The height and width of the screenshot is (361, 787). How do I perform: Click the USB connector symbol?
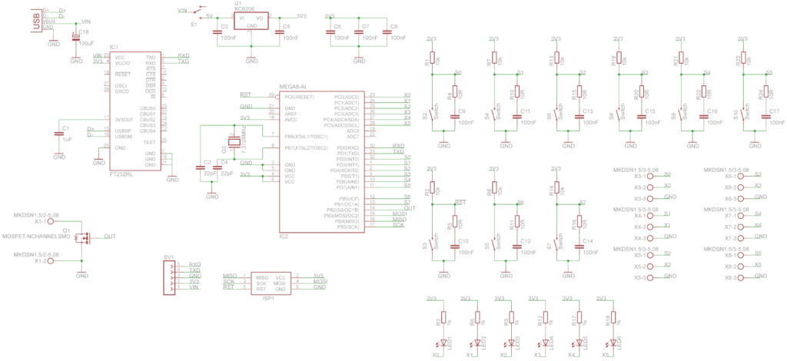[36, 19]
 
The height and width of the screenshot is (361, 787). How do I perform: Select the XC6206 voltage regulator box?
[251, 20]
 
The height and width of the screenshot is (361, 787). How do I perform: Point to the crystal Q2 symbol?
[231, 141]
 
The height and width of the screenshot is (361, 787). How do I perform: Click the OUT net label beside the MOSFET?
[110, 237]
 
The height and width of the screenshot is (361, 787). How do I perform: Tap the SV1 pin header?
[169, 277]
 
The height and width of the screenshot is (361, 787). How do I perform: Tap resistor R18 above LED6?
[611, 320]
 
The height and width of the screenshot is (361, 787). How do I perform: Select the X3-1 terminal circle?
[650, 176]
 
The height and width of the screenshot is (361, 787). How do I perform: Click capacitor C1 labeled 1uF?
[60, 134]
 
